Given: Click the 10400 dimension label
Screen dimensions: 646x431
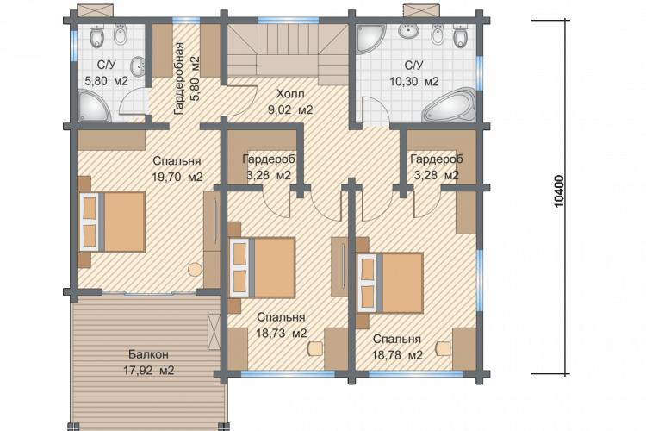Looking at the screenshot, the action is pyautogui.click(x=559, y=191).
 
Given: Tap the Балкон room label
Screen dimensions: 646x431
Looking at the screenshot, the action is pyautogui.click(x=148, y=354).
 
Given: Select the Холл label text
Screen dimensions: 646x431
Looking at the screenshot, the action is pyautogui.click(x=290, y=94).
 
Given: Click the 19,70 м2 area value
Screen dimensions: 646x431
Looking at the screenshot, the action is pyautogui.click(x=177, y=177).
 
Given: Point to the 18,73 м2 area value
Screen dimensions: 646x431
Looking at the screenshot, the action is pyautogui.click(x=282, y=334).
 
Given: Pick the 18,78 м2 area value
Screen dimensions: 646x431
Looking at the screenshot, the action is pyautogui.click(x=397, y=354).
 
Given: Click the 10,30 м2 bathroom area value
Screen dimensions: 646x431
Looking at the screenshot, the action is pyautogui.click(x=414, y=81).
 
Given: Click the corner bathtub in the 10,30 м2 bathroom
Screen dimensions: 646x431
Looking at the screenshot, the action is pyautogui.click(x=450, y=105).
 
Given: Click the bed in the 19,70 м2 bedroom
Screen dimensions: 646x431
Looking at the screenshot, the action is pyautogui.click(x=112, y=222).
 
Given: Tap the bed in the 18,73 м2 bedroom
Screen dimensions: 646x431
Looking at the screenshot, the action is pyautogui.click(x=262, y=267).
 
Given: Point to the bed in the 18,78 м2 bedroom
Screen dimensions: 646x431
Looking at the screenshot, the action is pyautogui.click(x=390, y=283).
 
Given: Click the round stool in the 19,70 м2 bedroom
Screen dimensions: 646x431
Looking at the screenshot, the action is pyautogui.click(x=195, y=270).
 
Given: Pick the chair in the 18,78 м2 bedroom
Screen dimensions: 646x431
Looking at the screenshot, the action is pyautogui.click(x=443, y=348).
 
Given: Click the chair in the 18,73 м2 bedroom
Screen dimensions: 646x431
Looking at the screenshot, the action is pyautogui.click(x=314, y=347).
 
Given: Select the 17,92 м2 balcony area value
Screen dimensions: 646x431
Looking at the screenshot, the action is pyautogui.click(x=149, y=370).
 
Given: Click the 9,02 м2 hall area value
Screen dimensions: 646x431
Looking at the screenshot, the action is pyautogui.click(x=290, y=109).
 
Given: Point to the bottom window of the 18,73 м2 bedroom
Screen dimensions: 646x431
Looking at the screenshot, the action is pyautogui.click(x=287, y=374).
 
